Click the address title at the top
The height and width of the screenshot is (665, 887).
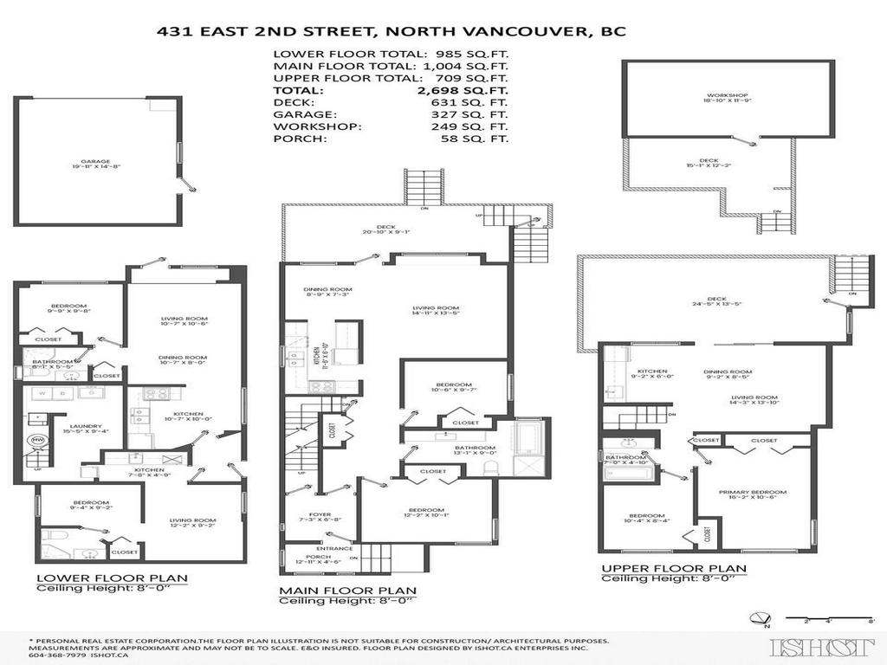click(391, 31)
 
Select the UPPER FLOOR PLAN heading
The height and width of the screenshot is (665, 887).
click(674, 568)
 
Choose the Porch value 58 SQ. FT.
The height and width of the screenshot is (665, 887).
click(469, 138)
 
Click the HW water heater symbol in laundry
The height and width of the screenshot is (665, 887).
click(37, 440)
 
